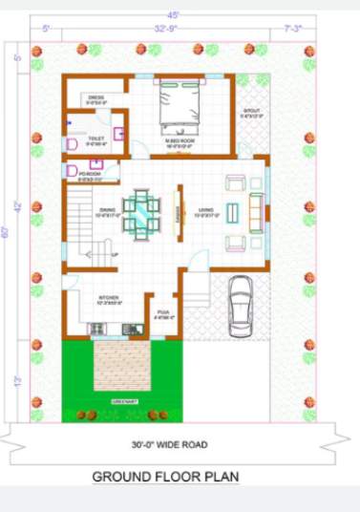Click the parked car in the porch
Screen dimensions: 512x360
pos(241,303)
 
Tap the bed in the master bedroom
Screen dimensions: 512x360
pos(179,107)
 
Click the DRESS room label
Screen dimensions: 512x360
pos(96,99)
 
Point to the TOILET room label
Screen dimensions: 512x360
pos(95,139)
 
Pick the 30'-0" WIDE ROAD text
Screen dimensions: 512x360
pos(169,444)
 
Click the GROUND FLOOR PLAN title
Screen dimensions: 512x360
pos(166,476)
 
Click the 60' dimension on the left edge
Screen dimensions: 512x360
pos(7,233)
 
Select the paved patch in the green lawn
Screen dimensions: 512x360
pos(124,365)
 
